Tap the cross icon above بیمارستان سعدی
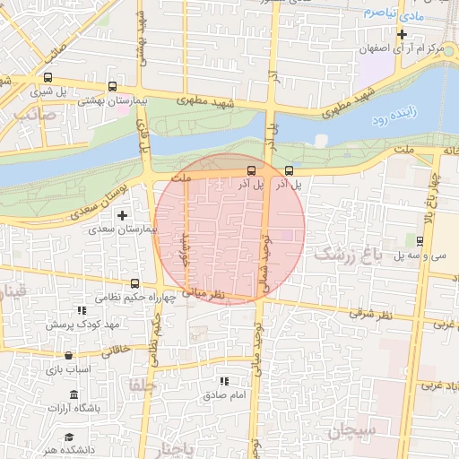(x=122, y=215)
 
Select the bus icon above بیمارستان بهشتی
(x=112, y=87)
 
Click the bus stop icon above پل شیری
(x=47, y=77)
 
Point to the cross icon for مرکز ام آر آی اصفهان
(x=403, y=35)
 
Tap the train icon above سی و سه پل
(x=420, y=240)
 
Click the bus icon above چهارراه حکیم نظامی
(x=135, y=283)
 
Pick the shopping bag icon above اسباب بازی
(x=68, y=355)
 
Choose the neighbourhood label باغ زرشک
(x=348, y=255)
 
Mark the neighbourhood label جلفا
(x=143, y=384)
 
